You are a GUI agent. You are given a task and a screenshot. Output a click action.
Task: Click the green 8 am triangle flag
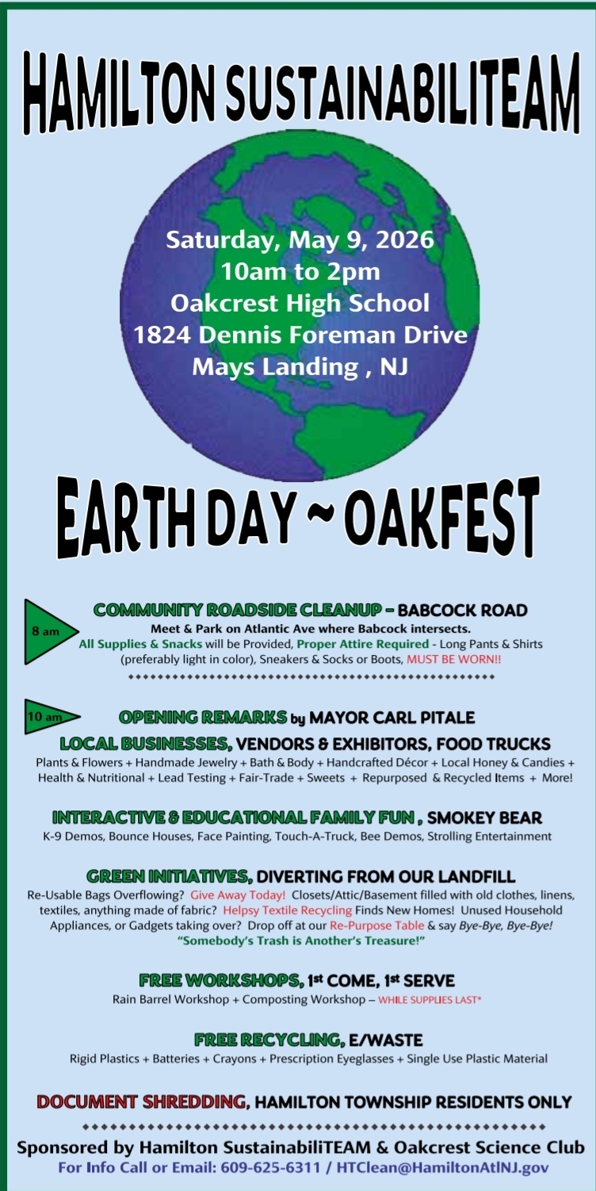[48, 632]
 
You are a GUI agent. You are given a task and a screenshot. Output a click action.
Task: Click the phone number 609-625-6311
[270, 1168]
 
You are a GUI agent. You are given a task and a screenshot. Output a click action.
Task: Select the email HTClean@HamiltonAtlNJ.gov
[443, 1168]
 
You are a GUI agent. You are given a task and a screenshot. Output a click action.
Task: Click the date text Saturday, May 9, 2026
[300, 239]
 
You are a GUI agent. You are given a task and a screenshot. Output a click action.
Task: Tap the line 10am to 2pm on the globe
[300, 272]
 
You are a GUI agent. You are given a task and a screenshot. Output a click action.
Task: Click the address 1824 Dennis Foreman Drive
[300, 335]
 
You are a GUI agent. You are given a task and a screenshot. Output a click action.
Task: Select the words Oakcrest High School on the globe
[300, 303]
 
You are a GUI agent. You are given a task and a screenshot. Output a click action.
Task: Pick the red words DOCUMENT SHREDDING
[141, 1102]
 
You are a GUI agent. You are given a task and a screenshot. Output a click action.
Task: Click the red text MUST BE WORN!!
[453, 659]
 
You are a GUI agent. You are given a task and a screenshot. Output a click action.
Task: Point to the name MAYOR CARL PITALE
[392, 718]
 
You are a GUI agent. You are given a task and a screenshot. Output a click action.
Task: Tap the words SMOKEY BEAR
[484, 818]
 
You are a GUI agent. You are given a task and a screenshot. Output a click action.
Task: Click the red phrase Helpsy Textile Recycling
[287, 910]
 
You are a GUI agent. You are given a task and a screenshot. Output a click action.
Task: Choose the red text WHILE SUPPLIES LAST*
[430, 1000]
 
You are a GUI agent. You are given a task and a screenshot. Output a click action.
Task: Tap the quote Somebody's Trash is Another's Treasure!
[301, 940]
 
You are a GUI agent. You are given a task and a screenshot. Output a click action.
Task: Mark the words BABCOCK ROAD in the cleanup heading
[463, 611]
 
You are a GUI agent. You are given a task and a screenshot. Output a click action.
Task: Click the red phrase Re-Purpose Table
[377, 925]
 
